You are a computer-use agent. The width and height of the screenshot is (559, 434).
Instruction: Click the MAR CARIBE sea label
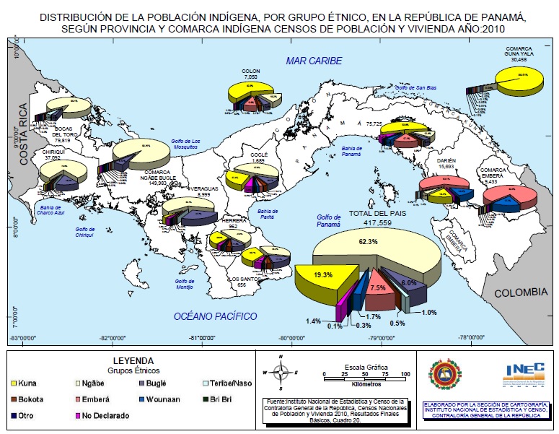click(x=313, y=61)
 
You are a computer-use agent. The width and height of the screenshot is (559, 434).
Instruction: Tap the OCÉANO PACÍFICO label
click(x=216, y=316)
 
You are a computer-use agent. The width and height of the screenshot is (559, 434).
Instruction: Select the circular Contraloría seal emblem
click(x=444, y=374)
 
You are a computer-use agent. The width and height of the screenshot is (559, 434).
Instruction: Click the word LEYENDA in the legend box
click(x=132, y=360)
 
